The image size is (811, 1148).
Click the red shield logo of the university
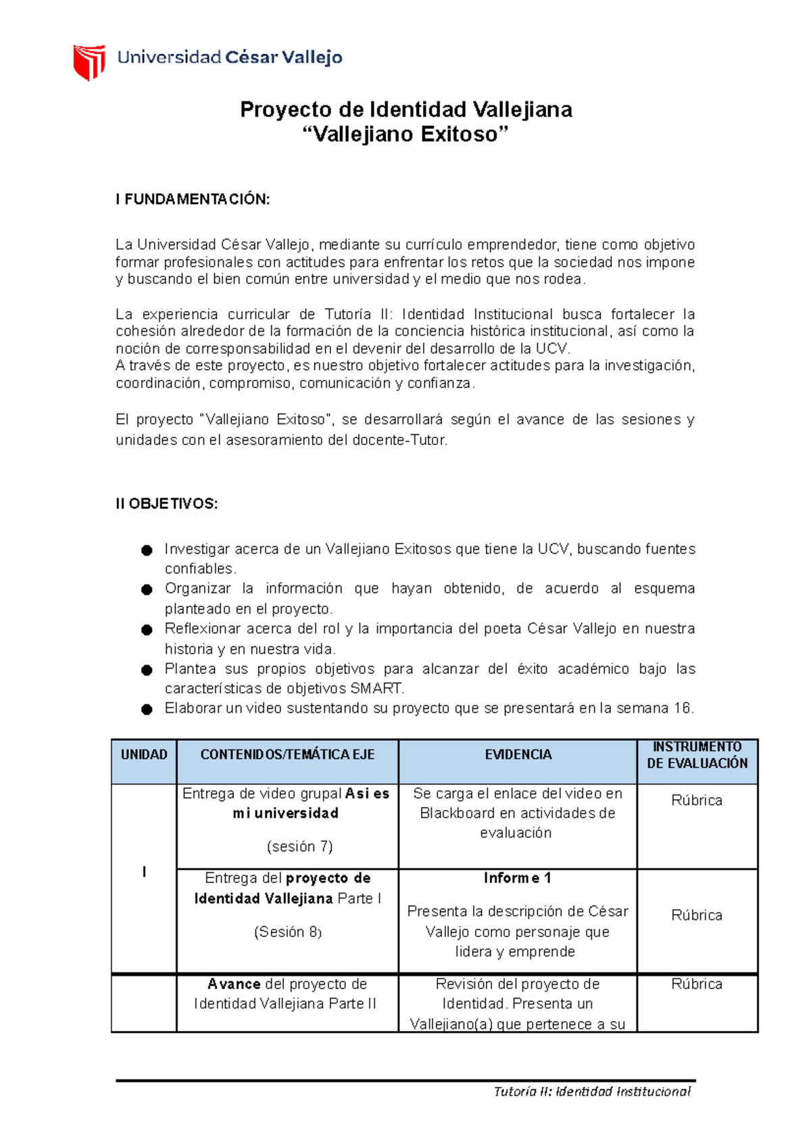(89, 62)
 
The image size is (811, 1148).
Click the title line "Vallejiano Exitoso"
(405, 135)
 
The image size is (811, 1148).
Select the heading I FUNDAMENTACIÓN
(193, 199)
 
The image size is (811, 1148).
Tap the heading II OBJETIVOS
(166, 504)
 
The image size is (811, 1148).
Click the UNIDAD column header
(144, 755)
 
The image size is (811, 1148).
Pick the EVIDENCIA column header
(518, 755)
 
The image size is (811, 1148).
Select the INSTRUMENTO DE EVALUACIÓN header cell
(697, 755)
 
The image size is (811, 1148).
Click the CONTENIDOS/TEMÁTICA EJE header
(287, 755)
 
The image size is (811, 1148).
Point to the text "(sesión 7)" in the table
(299, 846)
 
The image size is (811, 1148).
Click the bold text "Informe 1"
(517, 878)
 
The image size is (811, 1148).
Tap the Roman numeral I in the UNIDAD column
(144, 872)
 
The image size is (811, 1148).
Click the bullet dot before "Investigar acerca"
(147, 550)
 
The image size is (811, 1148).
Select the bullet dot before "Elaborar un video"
(147, 709)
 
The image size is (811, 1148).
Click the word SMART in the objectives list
(376, 689)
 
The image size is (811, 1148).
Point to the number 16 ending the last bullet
(682, 709)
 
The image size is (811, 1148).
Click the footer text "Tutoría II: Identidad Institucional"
(591, 1091)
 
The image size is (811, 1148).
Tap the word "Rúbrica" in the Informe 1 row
(697, 915)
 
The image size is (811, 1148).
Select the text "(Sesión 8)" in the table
(287, 932)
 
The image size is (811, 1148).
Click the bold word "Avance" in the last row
(234, 984)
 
